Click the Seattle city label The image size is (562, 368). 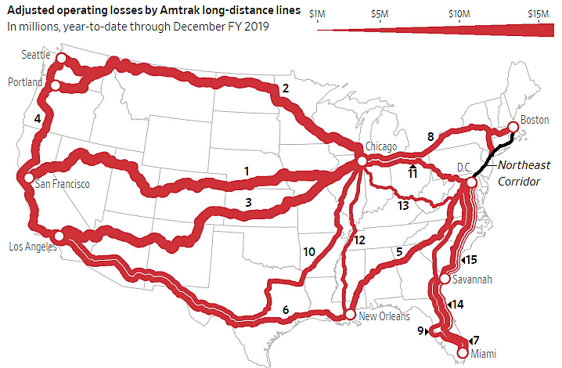[34, 56]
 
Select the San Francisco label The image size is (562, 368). [62, 184]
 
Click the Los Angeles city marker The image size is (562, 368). [59, 234]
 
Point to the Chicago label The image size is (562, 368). [382, 146]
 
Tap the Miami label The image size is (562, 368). [482, 354]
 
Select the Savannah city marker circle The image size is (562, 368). [445, 279]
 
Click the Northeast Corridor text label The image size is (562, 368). [524, 173]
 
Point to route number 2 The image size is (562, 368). [286, 88]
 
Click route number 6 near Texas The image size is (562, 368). [286, 311]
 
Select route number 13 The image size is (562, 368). [403, 205]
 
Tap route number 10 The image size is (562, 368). [309, 251]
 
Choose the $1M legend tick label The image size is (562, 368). [318, 13]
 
